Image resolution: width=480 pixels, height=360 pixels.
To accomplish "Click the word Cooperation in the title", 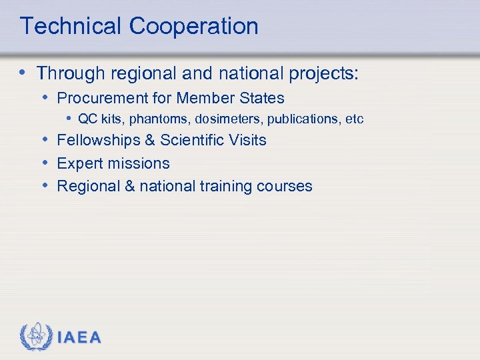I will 194,27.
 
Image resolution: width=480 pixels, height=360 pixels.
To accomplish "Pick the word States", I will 261,98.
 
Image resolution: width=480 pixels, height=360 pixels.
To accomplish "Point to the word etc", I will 354,119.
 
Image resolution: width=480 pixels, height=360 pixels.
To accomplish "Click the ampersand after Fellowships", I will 150,140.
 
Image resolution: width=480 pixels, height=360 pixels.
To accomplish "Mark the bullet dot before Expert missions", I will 44,162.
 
